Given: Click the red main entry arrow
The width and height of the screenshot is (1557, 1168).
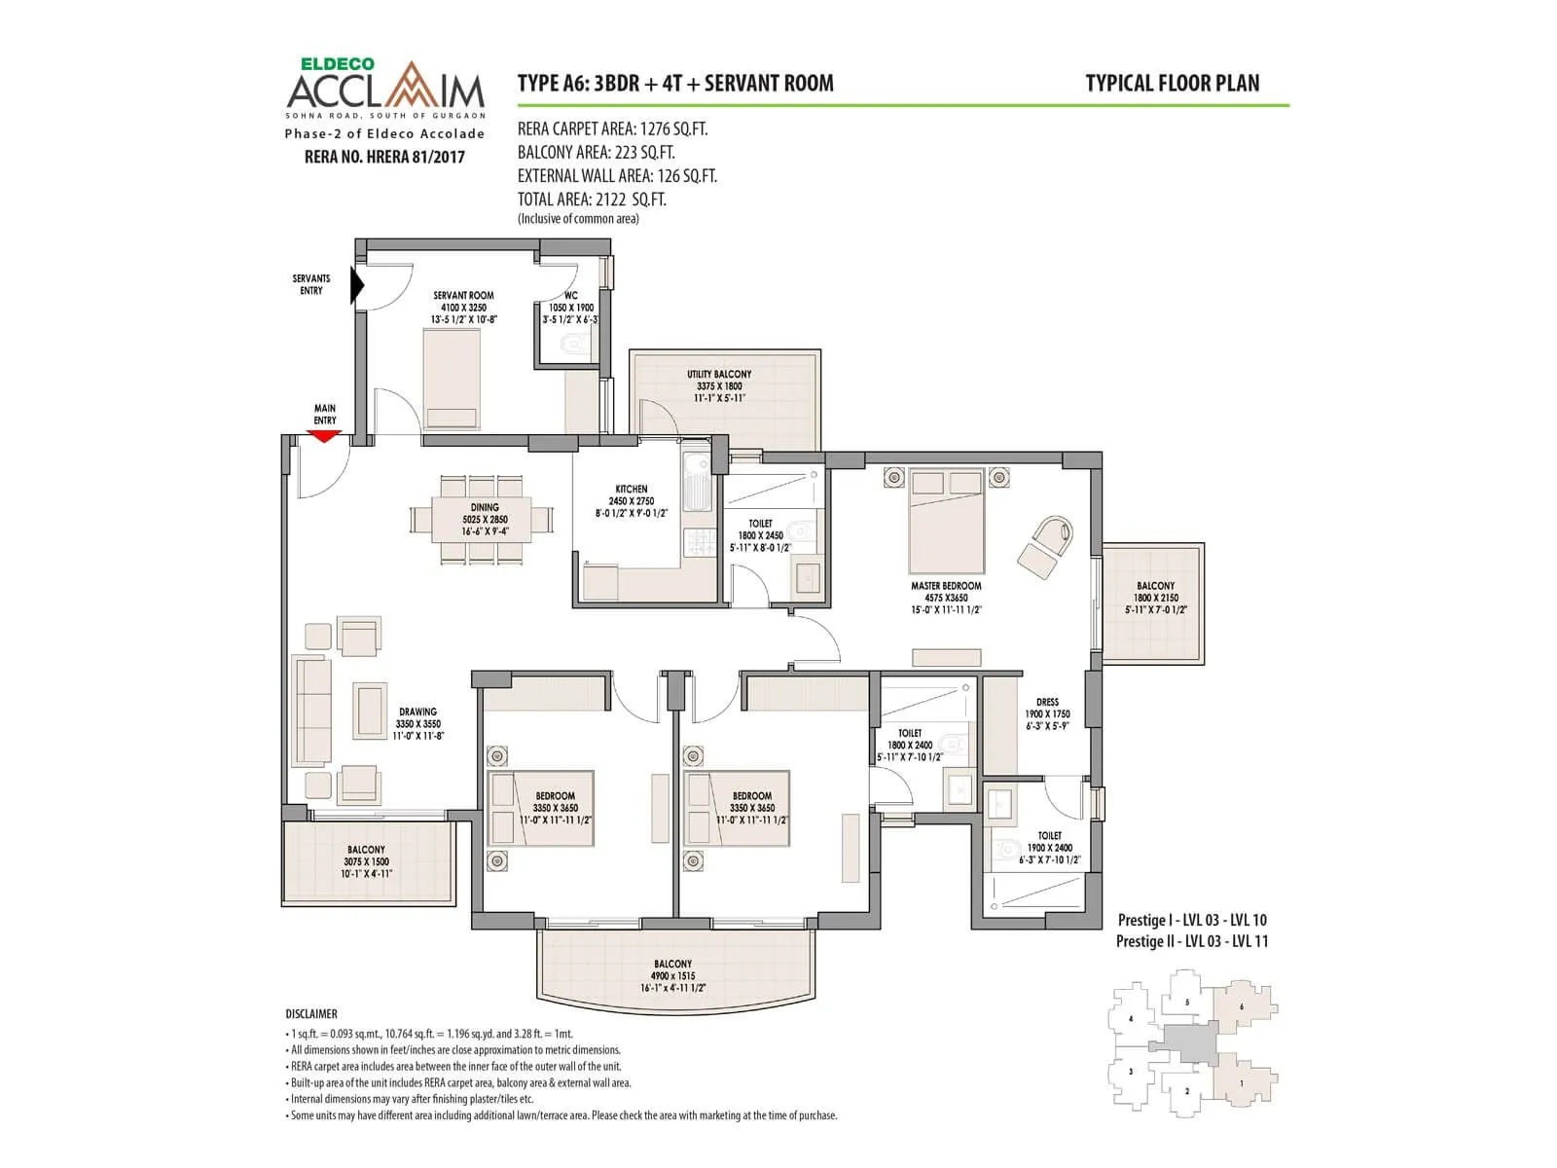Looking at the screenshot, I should point(324,436).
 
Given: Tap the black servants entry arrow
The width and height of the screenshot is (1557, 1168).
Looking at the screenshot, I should point(357,285).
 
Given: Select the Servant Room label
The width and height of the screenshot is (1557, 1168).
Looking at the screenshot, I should point(463,296).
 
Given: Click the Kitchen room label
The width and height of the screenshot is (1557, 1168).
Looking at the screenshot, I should point(632,490).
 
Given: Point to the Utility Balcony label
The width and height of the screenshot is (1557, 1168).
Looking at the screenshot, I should point(719,375).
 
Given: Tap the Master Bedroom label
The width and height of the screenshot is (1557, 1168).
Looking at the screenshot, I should point(946,587).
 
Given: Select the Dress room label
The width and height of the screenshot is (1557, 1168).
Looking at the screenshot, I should point(1047,702).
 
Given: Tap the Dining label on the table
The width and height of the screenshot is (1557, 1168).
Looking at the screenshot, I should point(485,507).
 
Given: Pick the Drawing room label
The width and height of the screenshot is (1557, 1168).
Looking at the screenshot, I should point(417,712).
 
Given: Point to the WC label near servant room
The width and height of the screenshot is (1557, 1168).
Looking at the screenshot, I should point(571,296).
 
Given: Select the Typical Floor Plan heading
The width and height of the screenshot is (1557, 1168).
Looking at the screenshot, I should point(1172,84).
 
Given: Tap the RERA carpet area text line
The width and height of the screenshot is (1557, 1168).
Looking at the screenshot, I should point(612,129).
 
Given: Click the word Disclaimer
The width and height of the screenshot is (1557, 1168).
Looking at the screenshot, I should point(311,1014).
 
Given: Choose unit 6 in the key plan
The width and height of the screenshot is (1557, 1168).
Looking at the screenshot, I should point(1242,1006).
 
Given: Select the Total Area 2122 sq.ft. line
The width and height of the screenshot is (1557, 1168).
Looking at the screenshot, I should point(592,200).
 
